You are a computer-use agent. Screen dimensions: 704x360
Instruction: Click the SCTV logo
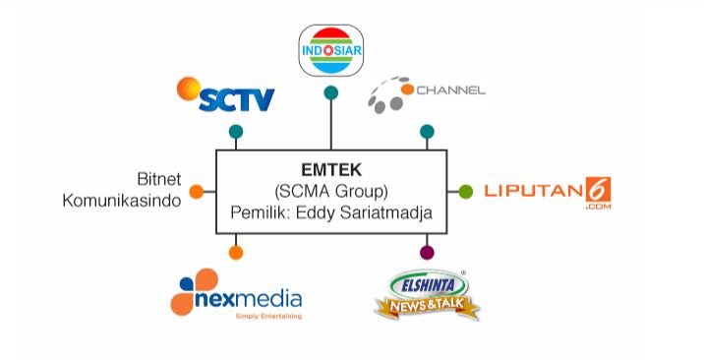[225, 94]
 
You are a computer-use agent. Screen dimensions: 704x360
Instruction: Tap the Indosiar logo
[331, 50]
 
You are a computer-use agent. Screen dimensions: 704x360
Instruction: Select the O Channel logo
[427, 94]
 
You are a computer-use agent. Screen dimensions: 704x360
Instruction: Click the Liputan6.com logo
[548, 193]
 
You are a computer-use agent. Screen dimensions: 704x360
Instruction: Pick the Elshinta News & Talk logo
[427, 294]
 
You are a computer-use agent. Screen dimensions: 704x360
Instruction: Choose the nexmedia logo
[236, 294]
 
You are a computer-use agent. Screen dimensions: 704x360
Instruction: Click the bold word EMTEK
[331, 170]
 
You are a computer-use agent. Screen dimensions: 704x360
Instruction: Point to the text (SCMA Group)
[331, 191]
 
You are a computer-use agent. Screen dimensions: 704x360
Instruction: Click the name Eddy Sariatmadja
[364, 212]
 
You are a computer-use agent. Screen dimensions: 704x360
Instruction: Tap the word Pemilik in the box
[259, 212]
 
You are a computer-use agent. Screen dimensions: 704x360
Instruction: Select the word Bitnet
[159, 179]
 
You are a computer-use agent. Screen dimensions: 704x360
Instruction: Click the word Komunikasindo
[122, 201]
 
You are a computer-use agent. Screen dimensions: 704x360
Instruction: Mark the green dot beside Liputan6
[466, 192]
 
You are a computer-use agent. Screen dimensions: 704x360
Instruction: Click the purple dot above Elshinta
[427, 253]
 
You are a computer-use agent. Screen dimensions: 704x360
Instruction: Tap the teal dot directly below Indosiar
[331, 92]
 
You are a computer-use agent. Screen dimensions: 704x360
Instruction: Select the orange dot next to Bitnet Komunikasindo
[197, 192]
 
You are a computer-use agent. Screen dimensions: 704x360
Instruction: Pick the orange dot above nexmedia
[236, 253]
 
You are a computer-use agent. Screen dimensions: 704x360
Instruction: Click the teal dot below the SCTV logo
[236, 132]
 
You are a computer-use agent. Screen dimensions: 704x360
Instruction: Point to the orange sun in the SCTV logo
[189, 89]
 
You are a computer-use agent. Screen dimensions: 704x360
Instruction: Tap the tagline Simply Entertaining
[268, 316]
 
